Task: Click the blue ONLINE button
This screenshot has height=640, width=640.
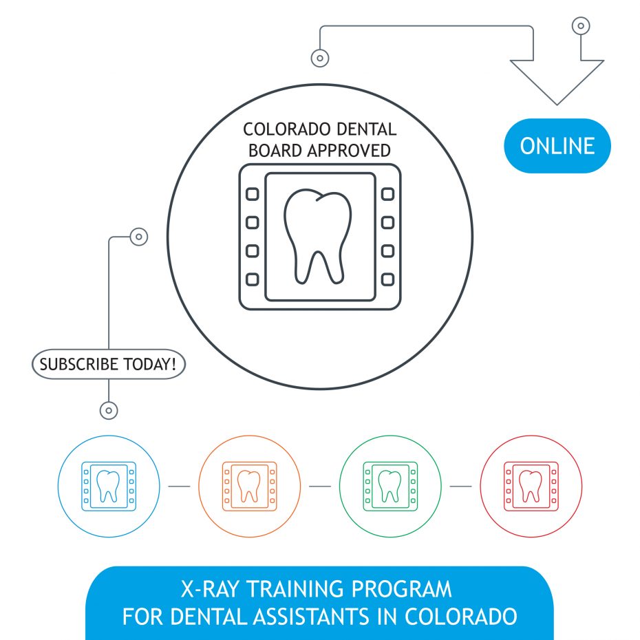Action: (557, 146)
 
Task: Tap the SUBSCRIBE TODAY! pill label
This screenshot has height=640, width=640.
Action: (109, 364)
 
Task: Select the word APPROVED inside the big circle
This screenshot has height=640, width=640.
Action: (349, 151)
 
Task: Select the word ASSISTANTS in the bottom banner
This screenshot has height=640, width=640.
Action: (313, 617)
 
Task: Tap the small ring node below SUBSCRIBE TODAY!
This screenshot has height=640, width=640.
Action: (109, 411)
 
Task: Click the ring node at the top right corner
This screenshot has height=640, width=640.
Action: (581, 25)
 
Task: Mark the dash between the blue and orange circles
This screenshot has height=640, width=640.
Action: (179, 486)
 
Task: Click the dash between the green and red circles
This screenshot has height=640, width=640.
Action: (461, 486)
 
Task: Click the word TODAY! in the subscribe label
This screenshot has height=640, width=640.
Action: (150, 364)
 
